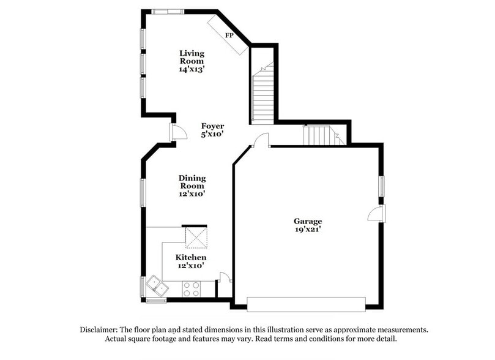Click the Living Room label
pos(192,57)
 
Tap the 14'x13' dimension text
pos(192,70)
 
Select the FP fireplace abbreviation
pos(229,36)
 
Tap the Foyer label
pos(212,126)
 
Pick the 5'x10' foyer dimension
pos(212,134)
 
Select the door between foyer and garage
pos(261,141)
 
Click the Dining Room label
pos(192,182)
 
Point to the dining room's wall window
pos(143,192)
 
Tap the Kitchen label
pos(191,258)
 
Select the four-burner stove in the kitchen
pos(191,288)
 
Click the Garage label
pos(307,221)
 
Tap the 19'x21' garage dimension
pos(307,230)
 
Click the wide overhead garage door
pos(306,304)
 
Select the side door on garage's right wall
pos(376,214)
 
